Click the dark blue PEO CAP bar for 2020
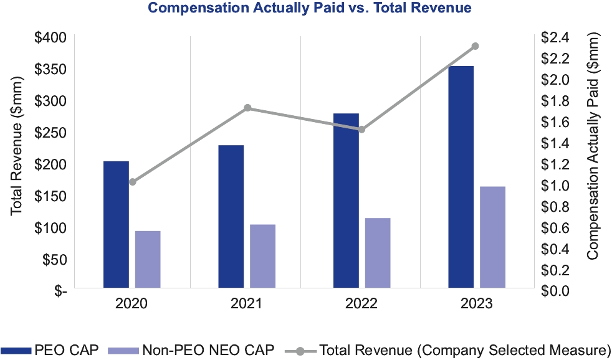click(x=116, y=225)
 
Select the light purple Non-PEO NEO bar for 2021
click(x=262, y=257)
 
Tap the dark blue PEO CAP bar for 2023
click(x=461, y=178)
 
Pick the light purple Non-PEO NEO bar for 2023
click(x=492, y=238)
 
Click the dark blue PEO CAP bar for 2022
click(x=346, y=201)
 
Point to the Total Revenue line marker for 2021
click(x=247, y=108)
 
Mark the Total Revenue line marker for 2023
click(x=475, y=46)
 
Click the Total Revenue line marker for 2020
click(x=132, y=182)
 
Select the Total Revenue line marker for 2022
click(x=361, y=130)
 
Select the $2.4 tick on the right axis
click(x=555, y=37)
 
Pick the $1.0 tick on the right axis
click(x=555, y=186)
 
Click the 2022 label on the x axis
click(x=361, y=305)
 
